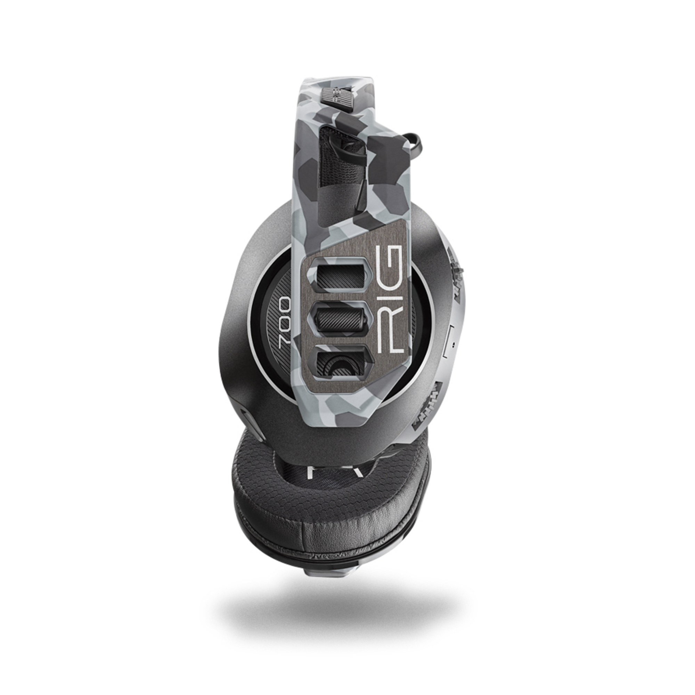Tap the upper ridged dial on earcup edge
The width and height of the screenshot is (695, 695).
tap(456, 273)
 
